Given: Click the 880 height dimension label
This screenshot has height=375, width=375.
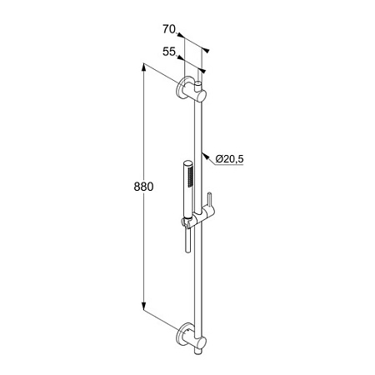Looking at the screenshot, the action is coord(143,187).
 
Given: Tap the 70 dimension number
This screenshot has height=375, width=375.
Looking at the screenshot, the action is coord(169,29).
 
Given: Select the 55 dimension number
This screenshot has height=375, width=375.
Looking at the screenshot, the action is coord(169,52).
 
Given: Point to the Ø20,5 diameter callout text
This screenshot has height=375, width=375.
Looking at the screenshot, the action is coord(229,159).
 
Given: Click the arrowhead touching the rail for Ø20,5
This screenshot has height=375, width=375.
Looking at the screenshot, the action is coord(205,156).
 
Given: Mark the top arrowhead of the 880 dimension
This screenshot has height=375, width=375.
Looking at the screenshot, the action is coord(143,67).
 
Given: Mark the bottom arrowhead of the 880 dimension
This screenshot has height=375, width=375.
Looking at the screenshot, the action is coord(143,307).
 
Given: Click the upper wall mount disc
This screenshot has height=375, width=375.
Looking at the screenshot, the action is coord(182,87).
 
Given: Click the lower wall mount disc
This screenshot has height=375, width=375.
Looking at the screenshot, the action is coord(182,334).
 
